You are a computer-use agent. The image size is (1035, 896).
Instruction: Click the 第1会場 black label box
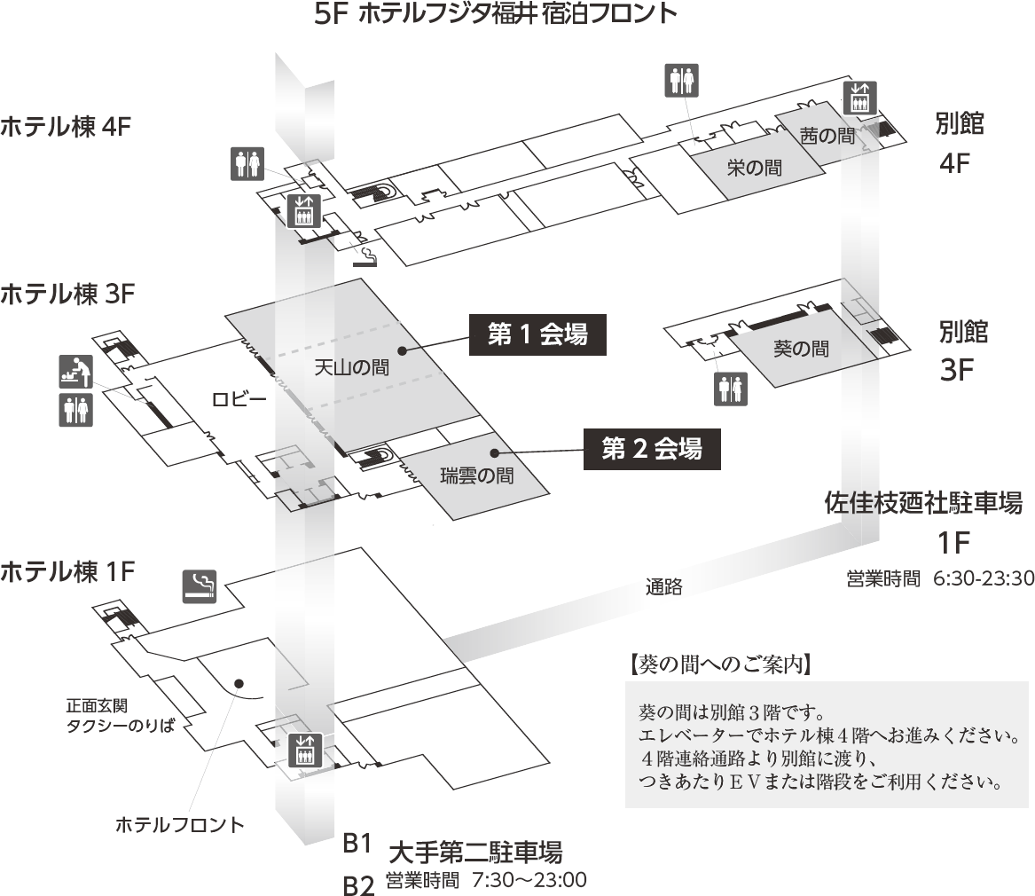point(537,335)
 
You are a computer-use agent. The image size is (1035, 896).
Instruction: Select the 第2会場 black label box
point(651,450)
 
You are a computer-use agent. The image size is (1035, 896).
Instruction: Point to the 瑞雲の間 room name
point(478,476)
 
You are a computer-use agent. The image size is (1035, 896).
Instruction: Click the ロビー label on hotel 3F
point(239,399)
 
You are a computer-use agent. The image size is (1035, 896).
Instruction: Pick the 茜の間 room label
point(827,136)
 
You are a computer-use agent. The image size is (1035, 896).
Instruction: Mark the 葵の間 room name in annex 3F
point(801,349)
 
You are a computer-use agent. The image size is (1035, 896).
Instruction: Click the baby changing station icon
point(75,372)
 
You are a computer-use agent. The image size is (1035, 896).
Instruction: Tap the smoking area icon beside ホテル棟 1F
point(200,586)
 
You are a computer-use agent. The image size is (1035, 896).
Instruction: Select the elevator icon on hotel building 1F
point(305,751)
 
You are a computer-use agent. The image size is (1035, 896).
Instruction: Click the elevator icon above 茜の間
point(859,97)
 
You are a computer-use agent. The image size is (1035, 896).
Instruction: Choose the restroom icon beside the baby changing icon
point(75,410)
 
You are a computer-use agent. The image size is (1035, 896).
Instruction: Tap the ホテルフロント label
point(180,825)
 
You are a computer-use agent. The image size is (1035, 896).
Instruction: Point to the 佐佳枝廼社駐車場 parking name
point(923,504)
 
